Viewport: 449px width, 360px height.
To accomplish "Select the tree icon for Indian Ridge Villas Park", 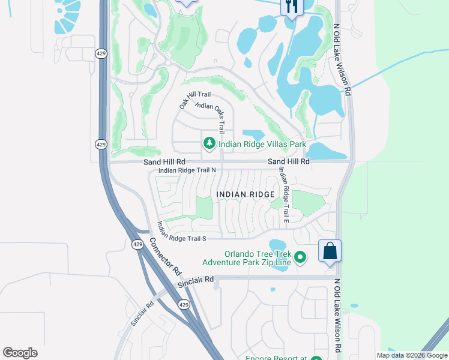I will click(209, 143).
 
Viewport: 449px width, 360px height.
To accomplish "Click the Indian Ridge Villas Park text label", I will click(262, 144).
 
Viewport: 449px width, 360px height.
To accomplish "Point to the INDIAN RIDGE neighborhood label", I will click(246, 194).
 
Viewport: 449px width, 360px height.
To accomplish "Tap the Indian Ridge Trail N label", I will click(187, 170).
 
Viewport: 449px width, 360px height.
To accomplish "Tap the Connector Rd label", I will click(164, 257).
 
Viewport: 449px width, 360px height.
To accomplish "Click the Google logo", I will click(20, 353).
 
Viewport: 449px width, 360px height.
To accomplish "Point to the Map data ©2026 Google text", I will click(411, 355).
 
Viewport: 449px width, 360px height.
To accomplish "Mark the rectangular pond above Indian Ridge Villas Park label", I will click(253, 134).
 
